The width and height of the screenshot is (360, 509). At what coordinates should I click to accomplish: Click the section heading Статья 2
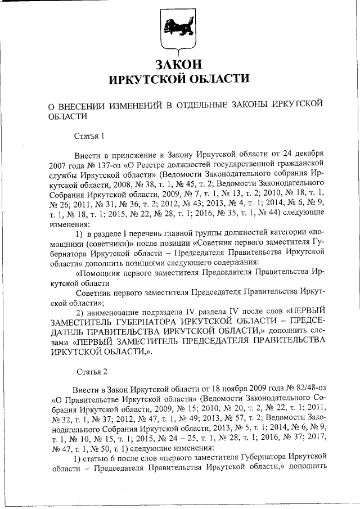(x=90, y=372)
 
